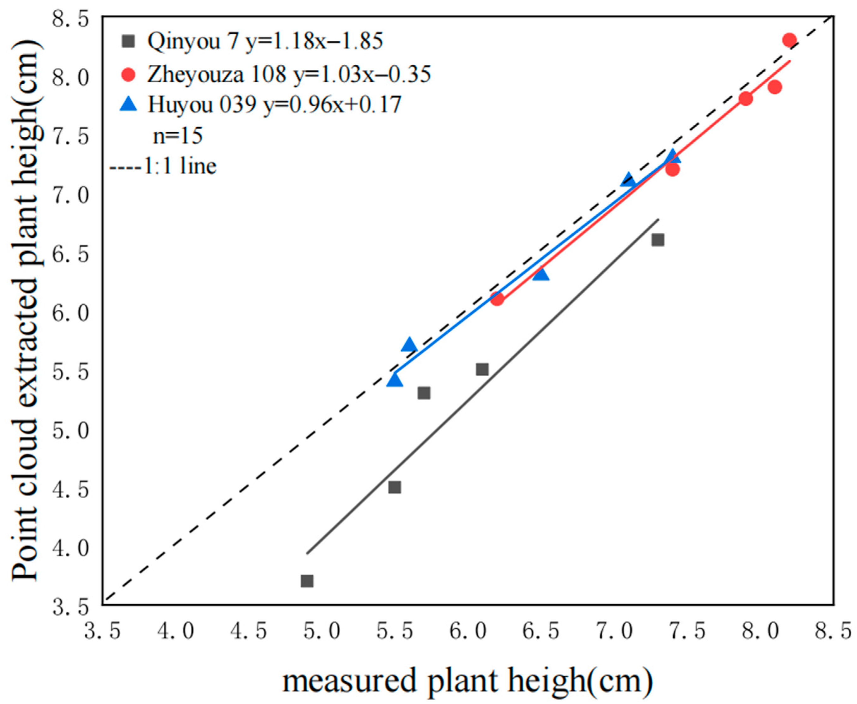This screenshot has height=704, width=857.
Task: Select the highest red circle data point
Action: pos(789,40)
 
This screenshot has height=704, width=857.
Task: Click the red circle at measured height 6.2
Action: pos(497,299)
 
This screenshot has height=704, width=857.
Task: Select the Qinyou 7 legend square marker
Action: pos(129,41)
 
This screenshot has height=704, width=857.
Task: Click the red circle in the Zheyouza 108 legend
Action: pos(129,75)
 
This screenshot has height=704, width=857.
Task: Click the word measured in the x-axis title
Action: pos(349,681)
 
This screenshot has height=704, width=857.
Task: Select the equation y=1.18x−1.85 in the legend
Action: pos(314,41)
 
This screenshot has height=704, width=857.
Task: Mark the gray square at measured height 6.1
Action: pos(482,369)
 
